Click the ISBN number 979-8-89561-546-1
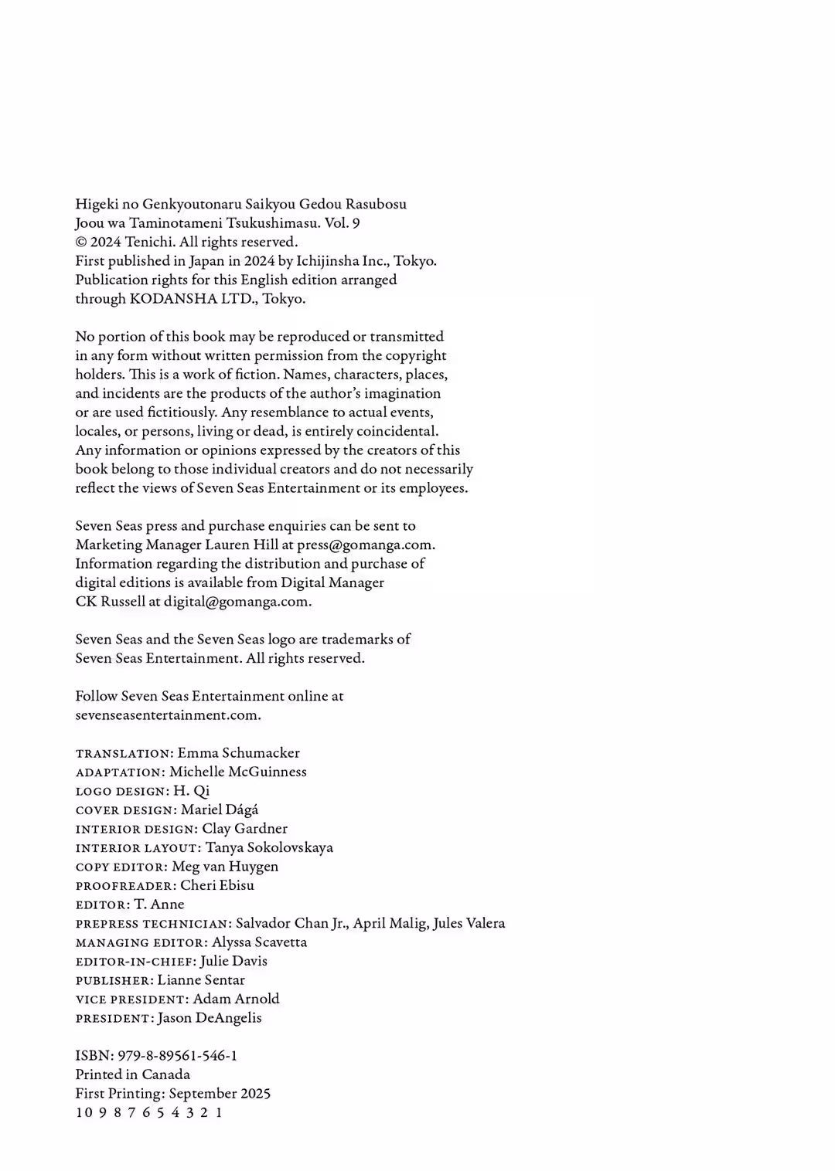177,1055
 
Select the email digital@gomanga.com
237,602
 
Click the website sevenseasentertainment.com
167,715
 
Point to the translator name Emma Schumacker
238,752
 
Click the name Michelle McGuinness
237,772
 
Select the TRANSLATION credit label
123,753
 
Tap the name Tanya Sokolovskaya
269,847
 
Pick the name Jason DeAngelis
210,1018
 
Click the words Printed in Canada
132,1074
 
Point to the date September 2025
220,1093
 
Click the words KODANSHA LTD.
193,299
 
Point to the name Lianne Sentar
201,980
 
